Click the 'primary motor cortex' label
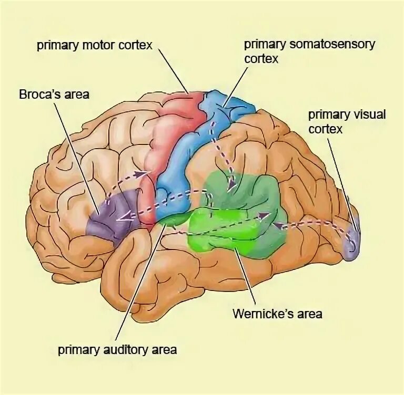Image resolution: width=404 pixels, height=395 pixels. pos(94,45)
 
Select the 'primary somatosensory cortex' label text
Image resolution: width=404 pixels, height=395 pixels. pos(310,50)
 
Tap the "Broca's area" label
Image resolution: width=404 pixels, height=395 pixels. pos(54,95)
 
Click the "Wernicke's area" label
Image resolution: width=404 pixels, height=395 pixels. pos(277,314)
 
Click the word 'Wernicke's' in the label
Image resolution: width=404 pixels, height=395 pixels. pos(257,314)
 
